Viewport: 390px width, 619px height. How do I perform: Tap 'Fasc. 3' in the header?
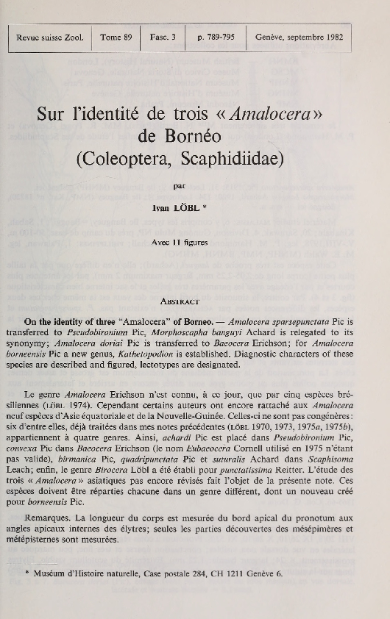pyautogui.click(x=163, y=36)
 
